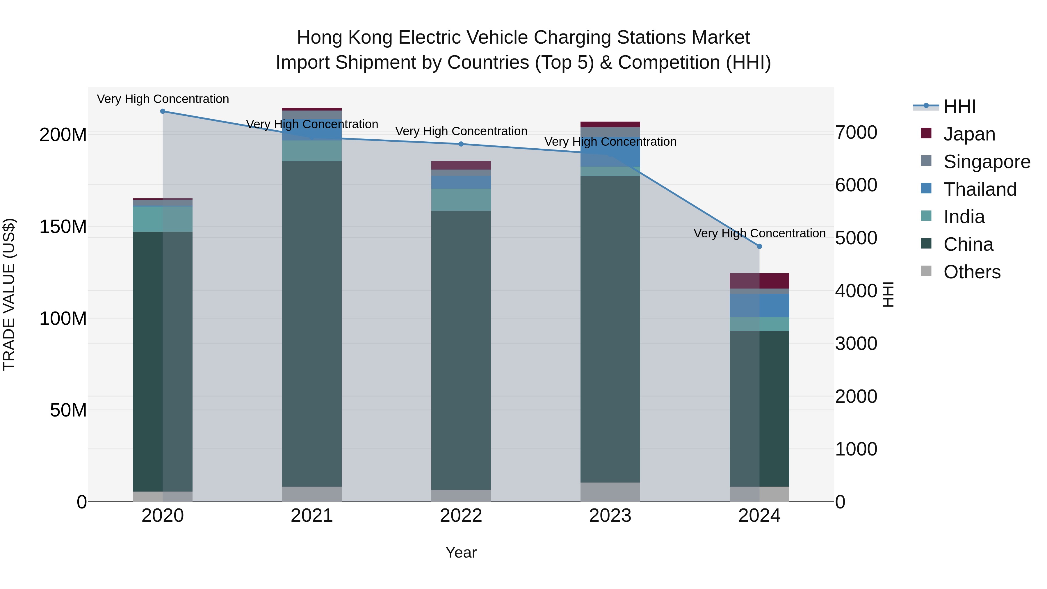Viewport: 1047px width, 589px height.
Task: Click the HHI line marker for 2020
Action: [x=163, y=111]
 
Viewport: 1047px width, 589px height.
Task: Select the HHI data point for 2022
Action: [x=461, y=144]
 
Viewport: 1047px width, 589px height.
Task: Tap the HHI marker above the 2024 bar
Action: [x=759, y=246]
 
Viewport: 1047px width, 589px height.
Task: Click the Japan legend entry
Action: [x=969, y=134]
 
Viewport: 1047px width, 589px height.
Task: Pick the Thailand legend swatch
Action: [x=926, y=188]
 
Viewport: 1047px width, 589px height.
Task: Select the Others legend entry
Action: [x=971, y=272]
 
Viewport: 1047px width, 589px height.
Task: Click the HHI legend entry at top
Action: [x=959, y=106]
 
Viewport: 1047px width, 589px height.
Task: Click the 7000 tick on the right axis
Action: [x=856, y=133]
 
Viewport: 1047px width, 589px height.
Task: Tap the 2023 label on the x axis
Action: [x=610, y=516]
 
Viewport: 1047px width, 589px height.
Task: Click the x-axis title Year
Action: [x=461, y=552]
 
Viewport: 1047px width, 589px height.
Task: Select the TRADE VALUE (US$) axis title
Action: [x=9, y=294]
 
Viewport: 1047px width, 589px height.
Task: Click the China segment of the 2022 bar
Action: [x=461, y=350]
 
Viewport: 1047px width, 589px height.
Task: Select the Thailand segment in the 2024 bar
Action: [x=759, y=305]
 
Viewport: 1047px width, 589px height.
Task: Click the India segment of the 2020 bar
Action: [x=163, y=219]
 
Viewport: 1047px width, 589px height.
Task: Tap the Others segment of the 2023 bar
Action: [x=610, y=492]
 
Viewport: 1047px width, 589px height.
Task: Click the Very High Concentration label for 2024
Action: [x=759, y=233]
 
